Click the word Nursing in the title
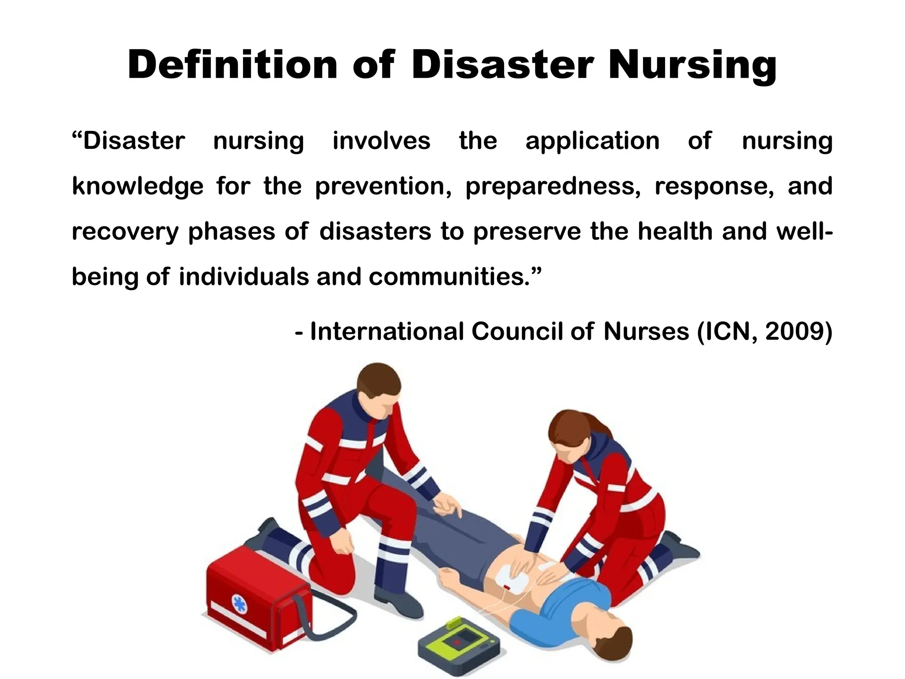[x=692, y=65]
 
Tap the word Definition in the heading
[x=232, y=65]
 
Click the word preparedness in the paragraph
[x=553, y=186]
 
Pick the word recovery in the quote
[x=125, y=232]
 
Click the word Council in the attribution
[x=517, y=331]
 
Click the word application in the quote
[x=592, y=141]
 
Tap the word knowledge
[x=137, y=186]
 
